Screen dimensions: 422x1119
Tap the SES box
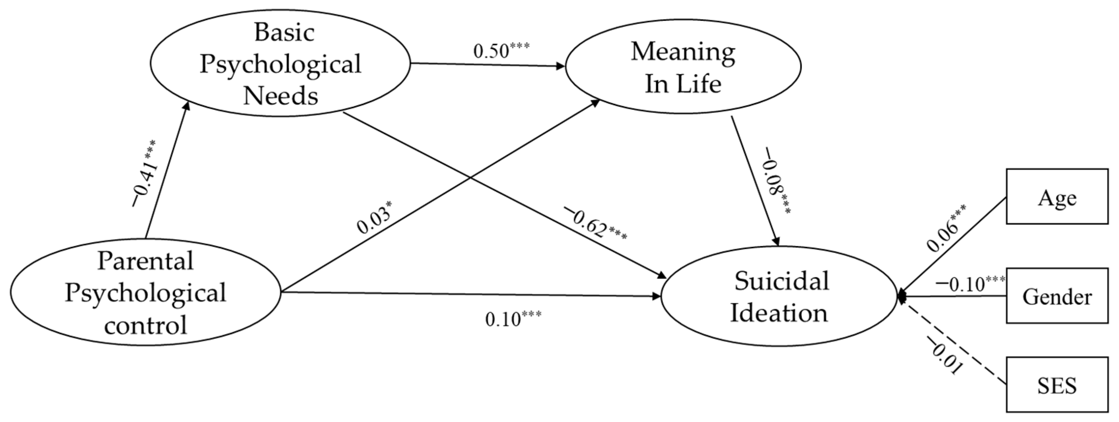click(x=1057, y=384)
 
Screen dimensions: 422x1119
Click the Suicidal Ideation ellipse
click(x=779, y=297)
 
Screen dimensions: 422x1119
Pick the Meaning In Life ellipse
click(x=683, y=66)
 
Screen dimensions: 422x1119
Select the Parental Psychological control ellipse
click(x=145, y=292)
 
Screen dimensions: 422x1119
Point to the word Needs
click(x=280, y=95)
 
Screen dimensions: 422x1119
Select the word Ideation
click(x=779, y=313)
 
